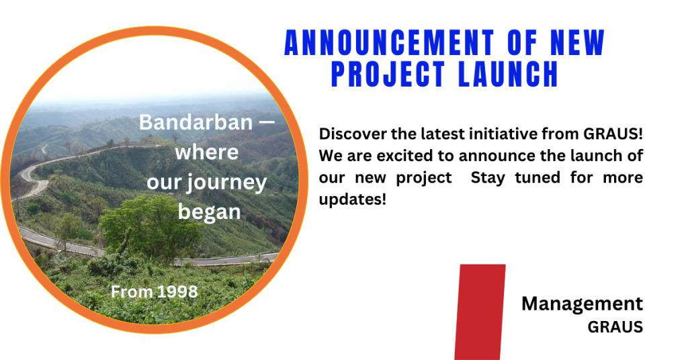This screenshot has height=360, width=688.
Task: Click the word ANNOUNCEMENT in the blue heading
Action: (389, 42)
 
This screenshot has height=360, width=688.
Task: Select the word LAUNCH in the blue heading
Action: (508, 74)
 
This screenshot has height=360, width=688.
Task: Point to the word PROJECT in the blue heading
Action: (388, 74)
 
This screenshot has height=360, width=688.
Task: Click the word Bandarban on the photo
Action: (196, 122)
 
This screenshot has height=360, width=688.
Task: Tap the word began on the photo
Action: (210, 213)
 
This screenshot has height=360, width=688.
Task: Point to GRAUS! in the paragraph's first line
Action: (613, 133)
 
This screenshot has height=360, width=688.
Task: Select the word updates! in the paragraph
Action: (352, 200)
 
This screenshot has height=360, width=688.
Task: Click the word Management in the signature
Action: (582, 304)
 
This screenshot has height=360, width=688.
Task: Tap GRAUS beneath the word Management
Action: (615, 327)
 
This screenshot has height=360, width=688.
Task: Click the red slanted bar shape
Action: (480, 312)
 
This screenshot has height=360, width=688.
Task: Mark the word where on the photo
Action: (207, 152)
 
